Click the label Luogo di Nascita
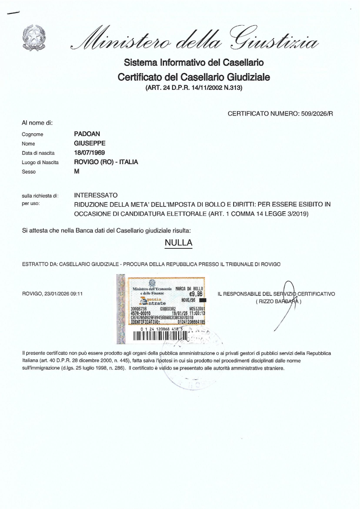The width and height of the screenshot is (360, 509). (x=43, y=163)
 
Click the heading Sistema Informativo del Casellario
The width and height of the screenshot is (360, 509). (x=191, y=63)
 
